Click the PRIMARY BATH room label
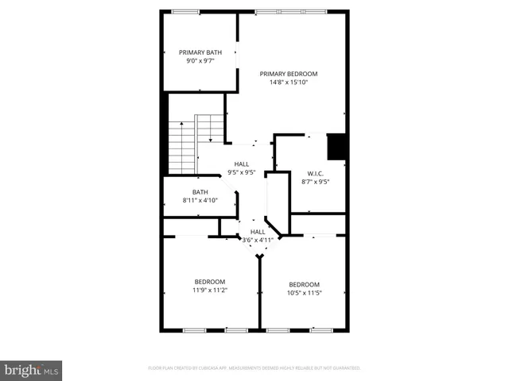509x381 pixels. pyautogui.click(x=200, y=52)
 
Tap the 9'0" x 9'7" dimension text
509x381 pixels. pyautogui.click(x=200, y=61)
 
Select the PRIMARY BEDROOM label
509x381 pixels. pyautogui.click(x=293, y=73)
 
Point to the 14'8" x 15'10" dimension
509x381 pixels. pyautogui.click(x=293, y=82)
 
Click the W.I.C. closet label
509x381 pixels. pyautogui.click(x=316, y=173)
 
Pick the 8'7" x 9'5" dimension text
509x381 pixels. pyautogui.click(x=316, y=182)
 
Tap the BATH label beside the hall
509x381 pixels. pyautogui.click(x=200, y=191)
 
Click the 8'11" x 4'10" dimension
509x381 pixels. pyautogui.click(x=200, y=200)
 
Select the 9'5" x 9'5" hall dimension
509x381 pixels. pyautogui.click(x=241, y=172)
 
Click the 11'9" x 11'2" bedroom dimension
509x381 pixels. pyautogui.click(x=210, y=291)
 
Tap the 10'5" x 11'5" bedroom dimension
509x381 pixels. pyautogui.click(x=304, y=294)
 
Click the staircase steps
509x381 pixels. pyautogui.click(x=183, y=147)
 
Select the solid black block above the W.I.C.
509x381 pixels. pyautogui.click(x=336, y=147)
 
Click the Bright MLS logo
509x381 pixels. pyautogui.click(x=32, y=370)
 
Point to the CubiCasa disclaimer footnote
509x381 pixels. pyautogui.click(x=254, y=368)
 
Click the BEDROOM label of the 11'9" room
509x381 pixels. pyautogui.click(x=210, y=282)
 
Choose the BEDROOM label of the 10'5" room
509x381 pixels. pyautogui.click(x=304, y=285)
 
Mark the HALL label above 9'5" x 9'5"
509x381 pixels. pyautogui.click(x=241, y=164)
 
